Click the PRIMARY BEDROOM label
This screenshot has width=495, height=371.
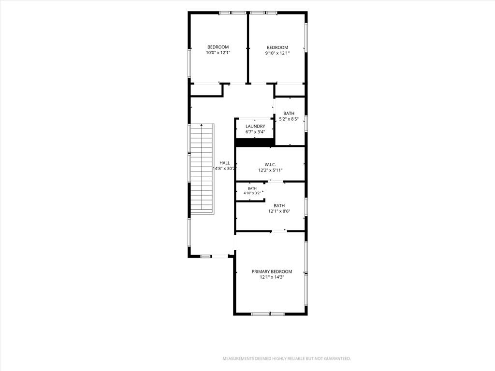click(272, 271)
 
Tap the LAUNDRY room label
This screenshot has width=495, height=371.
click(255, 126)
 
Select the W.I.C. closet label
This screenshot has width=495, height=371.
click(270, 164)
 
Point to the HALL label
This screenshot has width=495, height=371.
click(225, 163)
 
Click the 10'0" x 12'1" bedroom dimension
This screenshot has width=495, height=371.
click(218, 53)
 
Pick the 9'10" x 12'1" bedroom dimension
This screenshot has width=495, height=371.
click(277, 53)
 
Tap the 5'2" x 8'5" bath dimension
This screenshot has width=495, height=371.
click(289, 119)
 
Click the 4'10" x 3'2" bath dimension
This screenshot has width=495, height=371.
click(252, 193)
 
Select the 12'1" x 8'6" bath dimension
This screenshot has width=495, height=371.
click(279, 212)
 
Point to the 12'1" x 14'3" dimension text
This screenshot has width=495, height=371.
click(272, 277)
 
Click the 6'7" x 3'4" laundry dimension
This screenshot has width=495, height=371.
click(255, 132)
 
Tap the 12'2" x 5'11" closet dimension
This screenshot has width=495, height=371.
click(270, 171)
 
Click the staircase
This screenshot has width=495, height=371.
click(202, 169)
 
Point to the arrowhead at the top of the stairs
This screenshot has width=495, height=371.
click(202, 125)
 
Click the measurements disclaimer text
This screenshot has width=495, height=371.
click(287, 359)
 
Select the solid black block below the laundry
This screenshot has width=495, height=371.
click(255, 143)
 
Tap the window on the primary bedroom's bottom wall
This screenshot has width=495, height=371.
click(268, 314)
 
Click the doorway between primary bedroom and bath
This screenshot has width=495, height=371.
click(279, 231)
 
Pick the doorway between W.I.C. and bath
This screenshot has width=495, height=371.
click(276, 182)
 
